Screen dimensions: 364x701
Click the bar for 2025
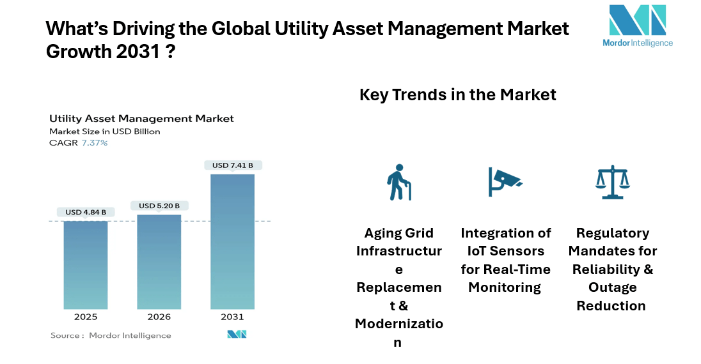tap(85, 265)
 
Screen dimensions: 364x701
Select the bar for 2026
tap(159, 262)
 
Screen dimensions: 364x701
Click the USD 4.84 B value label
tap(86, 212)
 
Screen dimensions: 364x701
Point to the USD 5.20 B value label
tap(159, 206)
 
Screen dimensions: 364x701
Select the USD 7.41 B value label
tap(233, 165)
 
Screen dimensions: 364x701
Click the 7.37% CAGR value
tap(94, 143)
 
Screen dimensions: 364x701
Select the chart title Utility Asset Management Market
tap(141, 119)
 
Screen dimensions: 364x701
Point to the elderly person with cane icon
tap(399, 182)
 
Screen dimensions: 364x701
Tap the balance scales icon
tap(612, 182)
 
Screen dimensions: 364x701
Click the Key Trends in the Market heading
tap(457, 95)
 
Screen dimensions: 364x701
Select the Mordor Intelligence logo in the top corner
tap(637, 26)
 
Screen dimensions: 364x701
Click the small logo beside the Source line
tap(237, 335)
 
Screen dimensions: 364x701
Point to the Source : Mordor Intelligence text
tap(111, 335)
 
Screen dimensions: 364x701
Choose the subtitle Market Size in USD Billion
tap(105, 132)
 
